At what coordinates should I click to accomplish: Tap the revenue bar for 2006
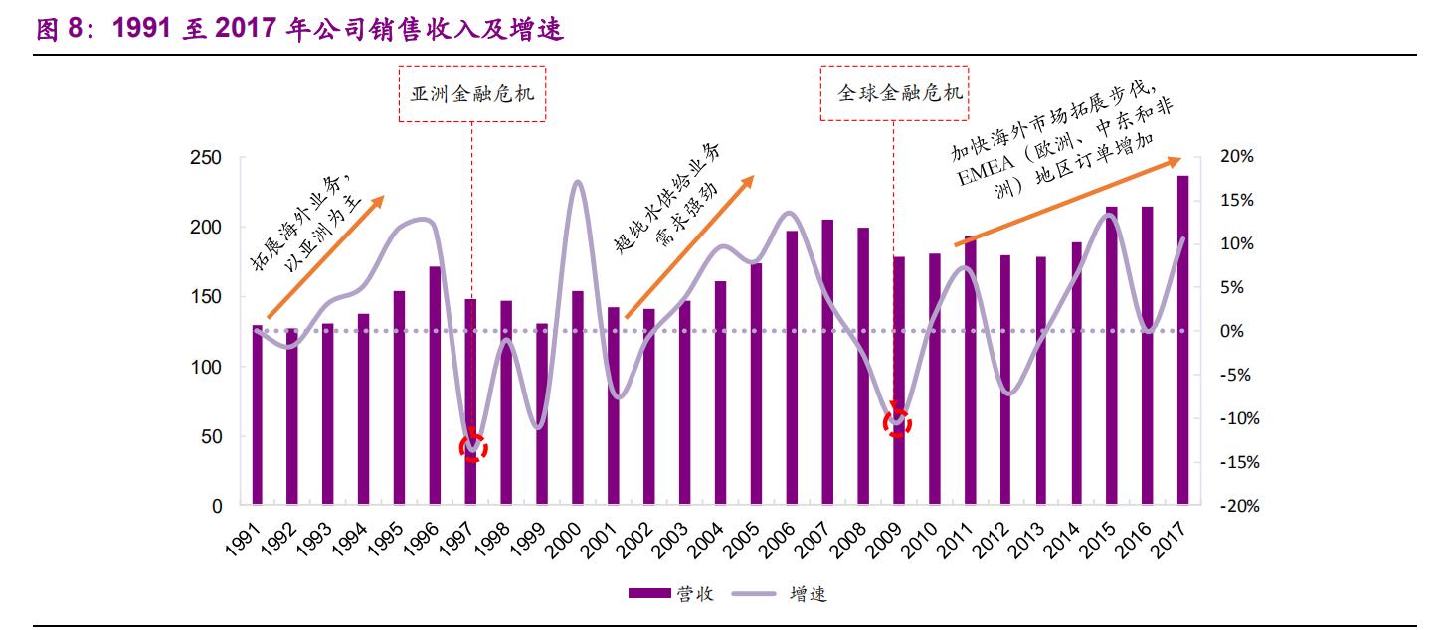pos(792,368)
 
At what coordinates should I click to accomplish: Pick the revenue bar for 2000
pos(577,397)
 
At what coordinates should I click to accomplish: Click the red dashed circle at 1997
pos(472,447)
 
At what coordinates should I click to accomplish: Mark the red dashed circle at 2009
pos(897,422)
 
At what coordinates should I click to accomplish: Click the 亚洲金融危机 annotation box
pos(472,94)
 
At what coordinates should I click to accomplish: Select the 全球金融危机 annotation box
pos(893,94)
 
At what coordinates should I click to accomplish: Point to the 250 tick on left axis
pos(208,158)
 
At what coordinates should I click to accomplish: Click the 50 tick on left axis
pos(213,437)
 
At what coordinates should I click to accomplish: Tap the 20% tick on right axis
pos(1238,158)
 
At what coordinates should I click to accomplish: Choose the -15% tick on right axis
pos(1236,463)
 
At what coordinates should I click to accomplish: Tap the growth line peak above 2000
pos(578,182)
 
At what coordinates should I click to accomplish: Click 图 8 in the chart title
pos(61,31)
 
